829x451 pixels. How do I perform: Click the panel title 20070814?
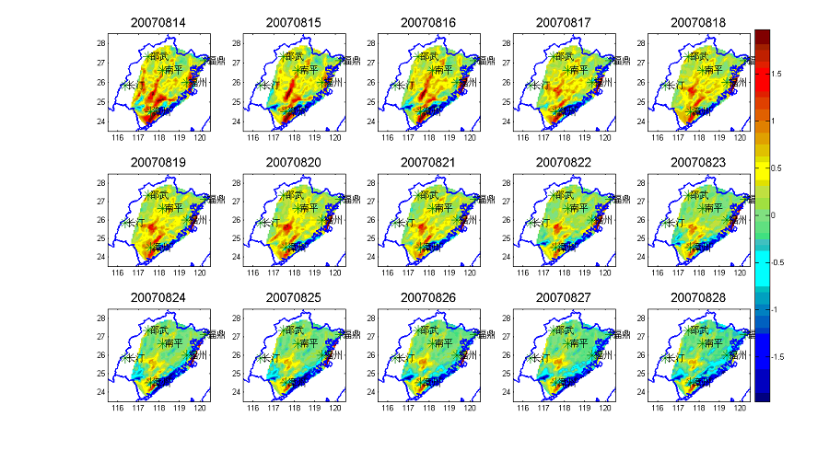click(158, 21)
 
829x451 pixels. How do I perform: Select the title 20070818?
click(697, 21)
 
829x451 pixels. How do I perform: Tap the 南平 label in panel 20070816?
click(441, 70)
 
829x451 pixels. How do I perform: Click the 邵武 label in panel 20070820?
click(295, 194)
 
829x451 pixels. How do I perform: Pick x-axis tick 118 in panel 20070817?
click(564, 137)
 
